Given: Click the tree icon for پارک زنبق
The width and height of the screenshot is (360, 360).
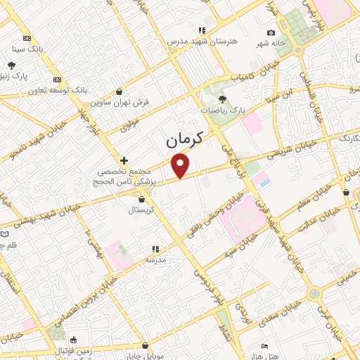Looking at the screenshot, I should coord(13,65).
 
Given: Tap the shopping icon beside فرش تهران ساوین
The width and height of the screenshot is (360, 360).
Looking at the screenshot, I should coord(119,91).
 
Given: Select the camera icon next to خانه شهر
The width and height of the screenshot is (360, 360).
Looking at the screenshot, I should coord(271,32).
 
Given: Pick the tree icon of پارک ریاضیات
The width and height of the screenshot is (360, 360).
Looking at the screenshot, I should coord(223,99).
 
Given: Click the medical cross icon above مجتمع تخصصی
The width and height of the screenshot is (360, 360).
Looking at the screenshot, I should coord(124,160).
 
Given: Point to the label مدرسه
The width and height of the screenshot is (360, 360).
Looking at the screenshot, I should coord(155,259).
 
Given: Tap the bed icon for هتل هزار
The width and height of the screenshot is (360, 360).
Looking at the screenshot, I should coord(264,346).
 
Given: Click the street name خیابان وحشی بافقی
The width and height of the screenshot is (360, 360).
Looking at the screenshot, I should coord(208,217).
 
